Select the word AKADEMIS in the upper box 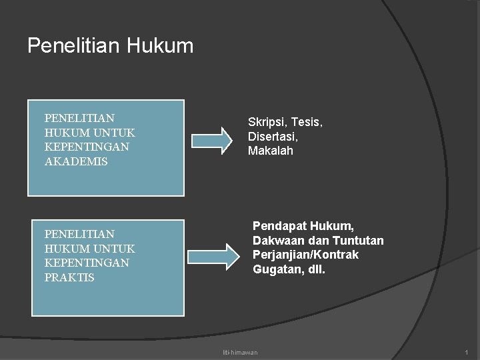tap(76, 161)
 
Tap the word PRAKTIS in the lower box tap(69, 277)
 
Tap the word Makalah tap(270, 151)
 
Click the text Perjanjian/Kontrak tap(305, 255)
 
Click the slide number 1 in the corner tap(467, 352)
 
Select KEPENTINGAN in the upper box tap(87, 147)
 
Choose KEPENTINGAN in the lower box tap(87, 263)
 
